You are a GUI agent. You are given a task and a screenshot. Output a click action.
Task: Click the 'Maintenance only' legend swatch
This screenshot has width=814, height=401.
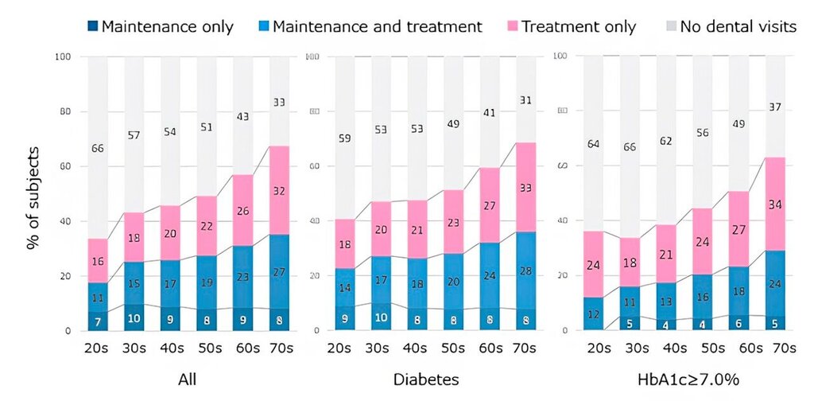[93, 27]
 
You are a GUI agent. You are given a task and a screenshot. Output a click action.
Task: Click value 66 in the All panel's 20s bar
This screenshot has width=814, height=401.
[97, 149]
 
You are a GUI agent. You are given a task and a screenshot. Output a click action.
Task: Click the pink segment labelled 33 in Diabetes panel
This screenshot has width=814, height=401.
[525, 189]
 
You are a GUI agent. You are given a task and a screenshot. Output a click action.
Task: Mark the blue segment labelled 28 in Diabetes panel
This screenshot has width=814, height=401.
[525, 271]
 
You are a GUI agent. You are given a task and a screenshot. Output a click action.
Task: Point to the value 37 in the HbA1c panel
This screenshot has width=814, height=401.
[773, 107]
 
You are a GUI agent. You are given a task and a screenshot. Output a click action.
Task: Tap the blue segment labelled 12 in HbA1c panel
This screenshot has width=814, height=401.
[592, 313]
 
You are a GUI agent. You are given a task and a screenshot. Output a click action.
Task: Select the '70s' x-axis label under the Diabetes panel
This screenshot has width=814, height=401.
[525, 348]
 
